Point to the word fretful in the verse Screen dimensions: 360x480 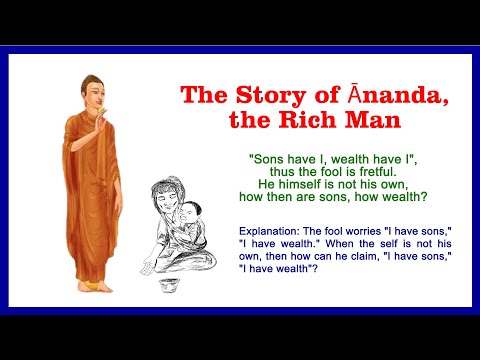coord(367,172)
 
